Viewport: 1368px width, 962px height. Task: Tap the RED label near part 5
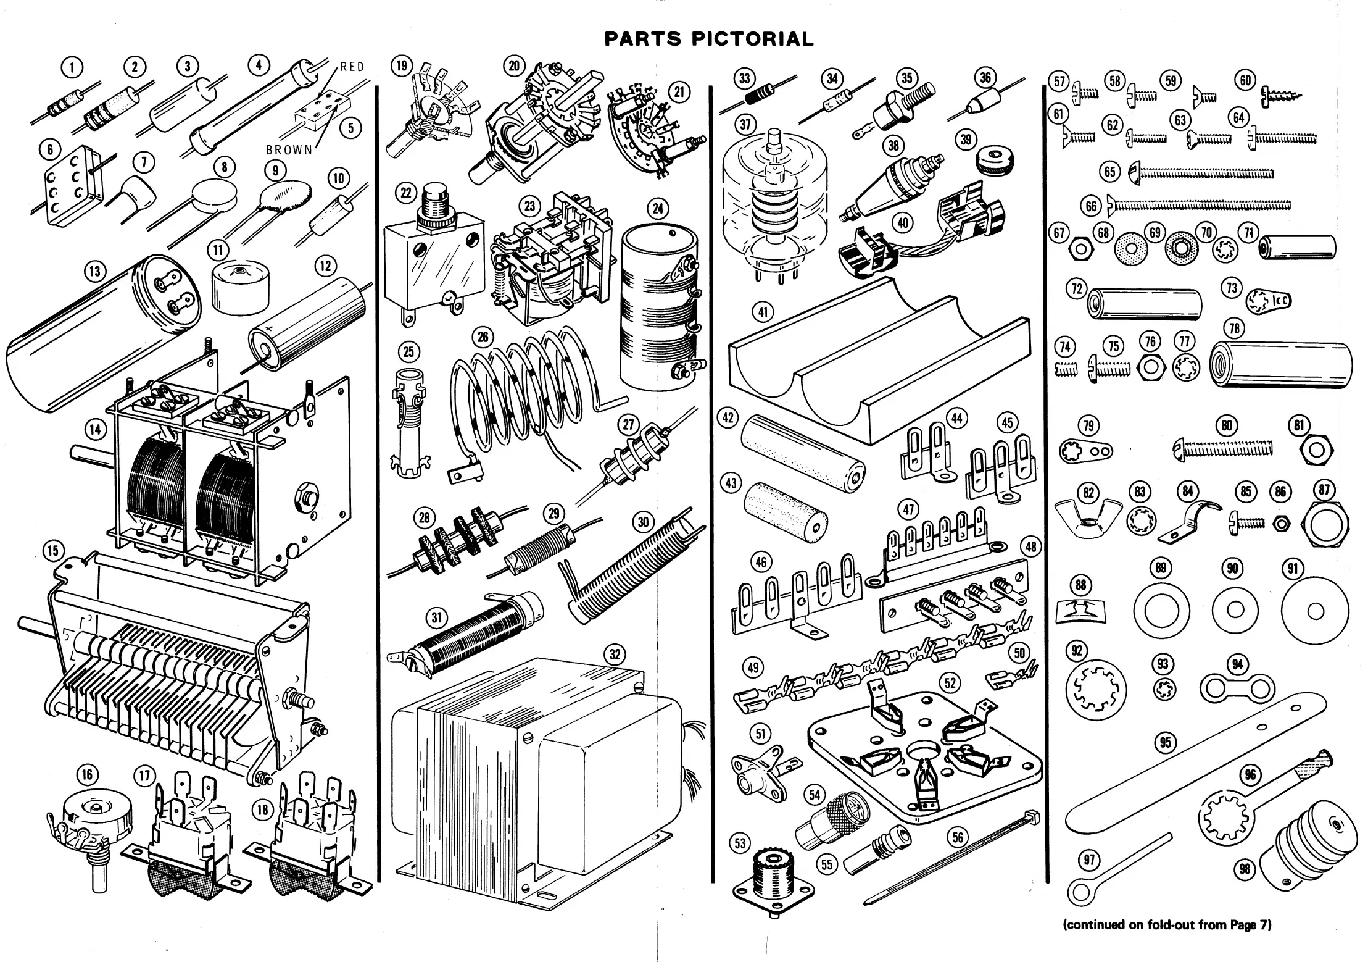point(352,67)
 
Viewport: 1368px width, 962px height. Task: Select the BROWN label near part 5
point(289,149)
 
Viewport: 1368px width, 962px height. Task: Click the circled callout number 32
point(615,654)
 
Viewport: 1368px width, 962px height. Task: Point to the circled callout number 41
point(763,312)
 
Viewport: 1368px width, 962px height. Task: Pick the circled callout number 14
point(96,429)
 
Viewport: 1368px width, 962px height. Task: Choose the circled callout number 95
point(1165,742)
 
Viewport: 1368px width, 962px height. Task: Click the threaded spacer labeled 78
point(1280,365)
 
